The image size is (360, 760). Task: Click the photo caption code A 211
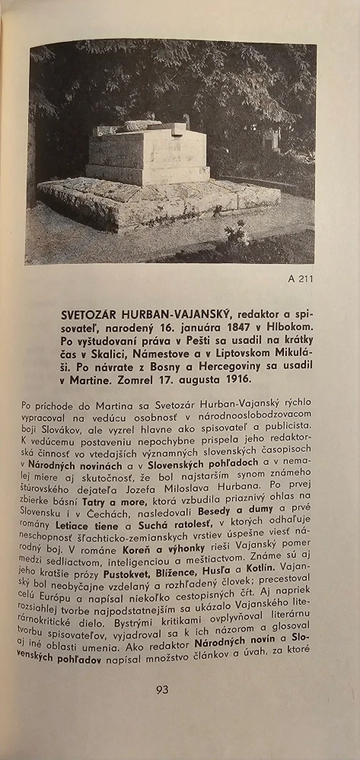[300, 278]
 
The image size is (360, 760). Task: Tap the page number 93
[162, 690]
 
